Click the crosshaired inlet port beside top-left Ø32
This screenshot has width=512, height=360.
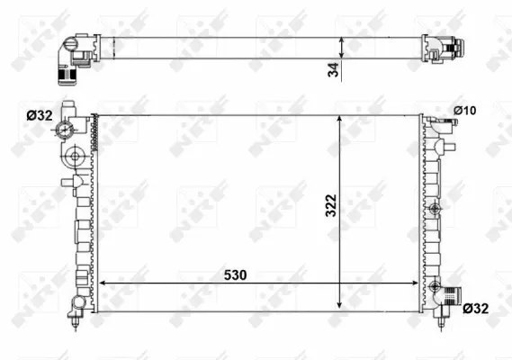point(65,132)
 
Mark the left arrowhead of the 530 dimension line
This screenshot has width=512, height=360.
point(101,283)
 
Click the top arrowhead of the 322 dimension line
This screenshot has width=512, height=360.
point(338,118)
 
